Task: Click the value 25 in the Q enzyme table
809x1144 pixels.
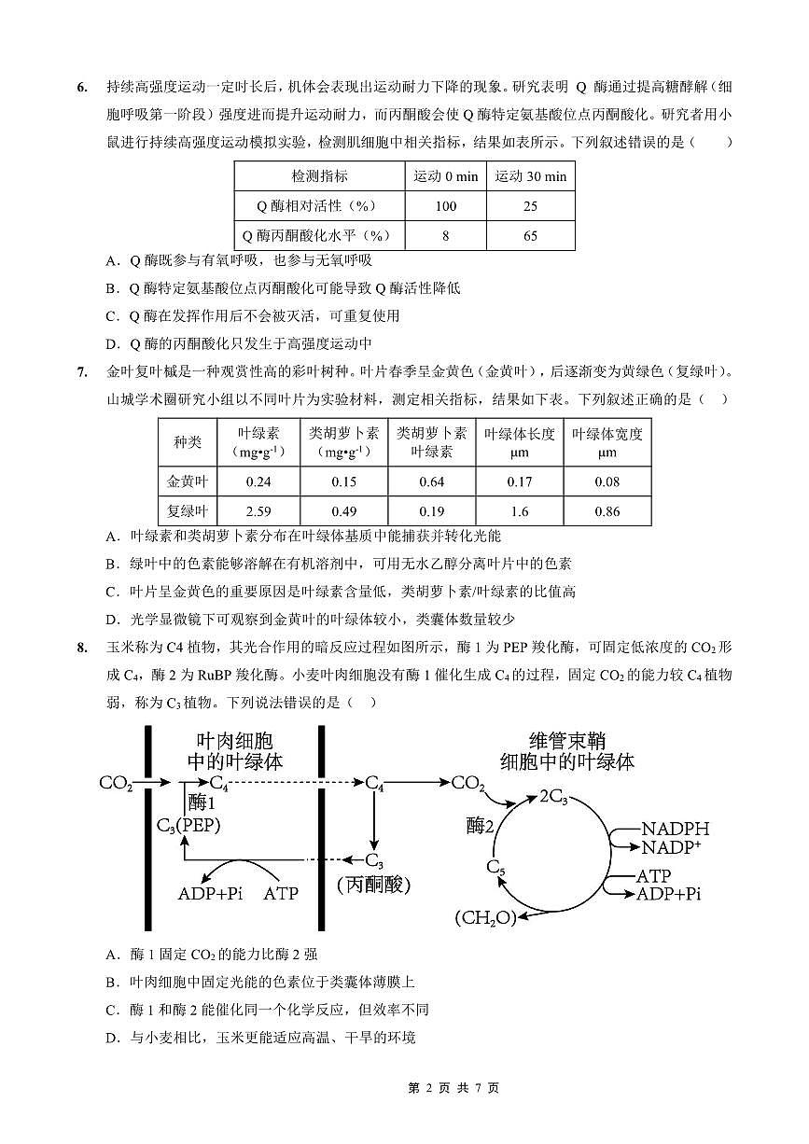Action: point(530,206)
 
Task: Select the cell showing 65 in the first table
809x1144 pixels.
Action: point(530,236)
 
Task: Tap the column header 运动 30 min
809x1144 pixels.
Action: point(530,176)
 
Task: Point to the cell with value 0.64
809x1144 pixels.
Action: point(432,481)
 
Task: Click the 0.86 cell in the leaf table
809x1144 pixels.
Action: point(607,511)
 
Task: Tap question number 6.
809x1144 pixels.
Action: point(82,88)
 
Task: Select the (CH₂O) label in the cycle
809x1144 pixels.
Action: point(485,917)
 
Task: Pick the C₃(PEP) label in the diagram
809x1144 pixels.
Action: point(188,825)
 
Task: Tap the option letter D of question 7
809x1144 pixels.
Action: point(110,619)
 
